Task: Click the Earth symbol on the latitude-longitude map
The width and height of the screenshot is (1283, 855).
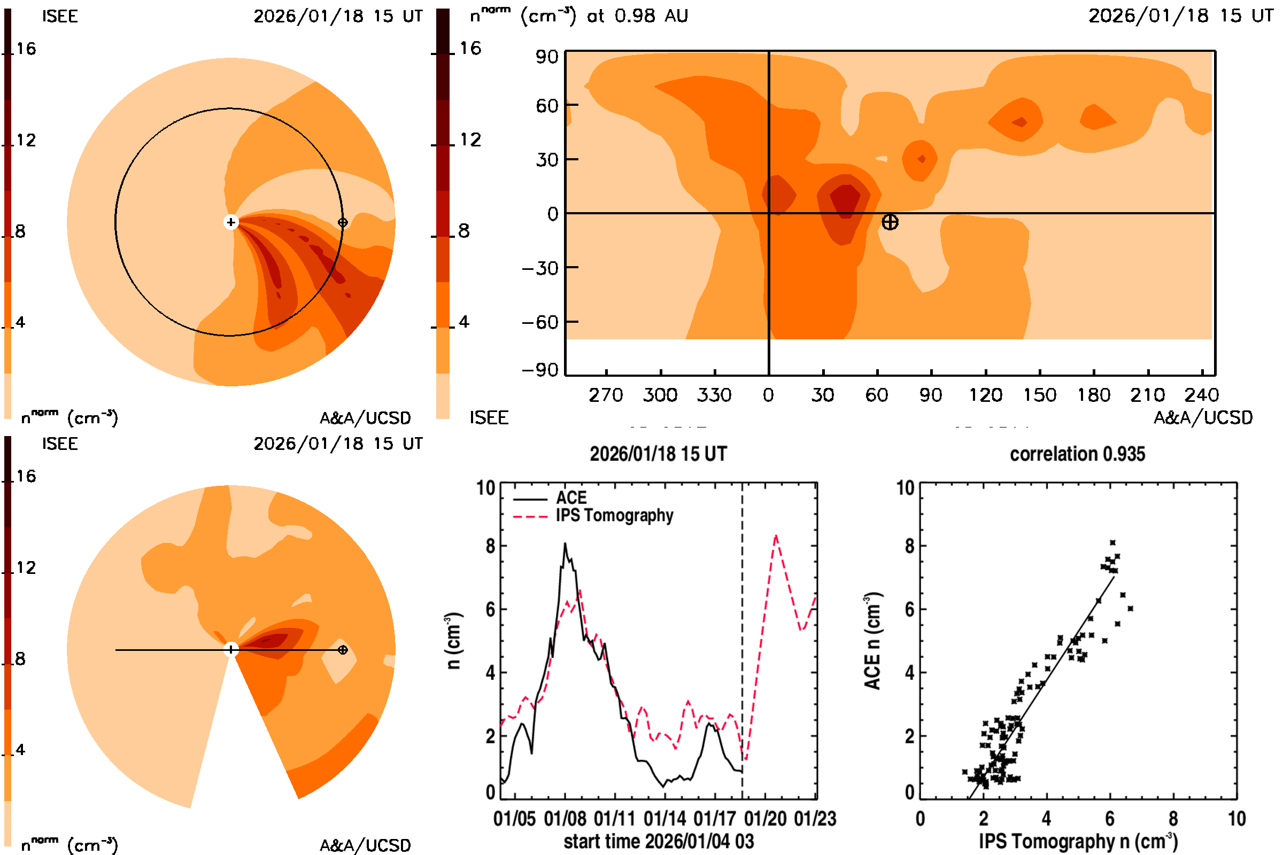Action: point(890,222)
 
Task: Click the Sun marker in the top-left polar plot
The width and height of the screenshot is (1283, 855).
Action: point(231,222)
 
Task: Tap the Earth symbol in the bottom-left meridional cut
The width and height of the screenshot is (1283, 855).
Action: point(343,649)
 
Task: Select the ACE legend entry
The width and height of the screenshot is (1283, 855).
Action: point(570,498)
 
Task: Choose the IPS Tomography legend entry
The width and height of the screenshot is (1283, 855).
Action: point(614,515)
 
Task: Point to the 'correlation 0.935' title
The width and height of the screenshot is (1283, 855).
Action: point(1077,454)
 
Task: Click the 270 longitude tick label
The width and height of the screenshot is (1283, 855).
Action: point(606,395)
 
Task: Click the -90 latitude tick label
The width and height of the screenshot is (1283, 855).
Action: point(540,370)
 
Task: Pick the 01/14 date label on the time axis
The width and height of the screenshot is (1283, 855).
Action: point(665,819)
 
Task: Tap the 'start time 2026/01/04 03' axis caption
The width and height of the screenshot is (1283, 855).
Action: point(659,841)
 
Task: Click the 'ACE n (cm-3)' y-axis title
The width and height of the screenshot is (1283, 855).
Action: point(872,641)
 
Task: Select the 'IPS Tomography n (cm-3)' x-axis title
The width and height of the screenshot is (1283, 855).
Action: point(1078,841)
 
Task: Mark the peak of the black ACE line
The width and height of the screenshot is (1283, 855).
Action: point(565,543)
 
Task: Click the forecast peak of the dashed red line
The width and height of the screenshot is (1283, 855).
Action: point(776,537)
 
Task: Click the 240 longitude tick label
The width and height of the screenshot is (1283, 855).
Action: point(1201,395)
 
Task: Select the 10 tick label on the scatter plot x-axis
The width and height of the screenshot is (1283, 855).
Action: point(1236,819)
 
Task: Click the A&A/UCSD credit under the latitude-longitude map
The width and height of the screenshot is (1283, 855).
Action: point(1203,418)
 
